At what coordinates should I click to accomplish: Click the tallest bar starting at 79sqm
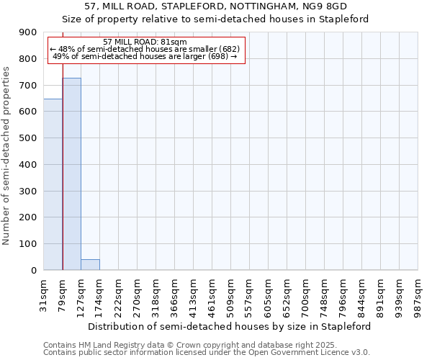(71, 174)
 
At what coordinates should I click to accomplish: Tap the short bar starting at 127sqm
(90, 264)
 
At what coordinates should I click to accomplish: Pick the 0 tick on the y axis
(33, 270)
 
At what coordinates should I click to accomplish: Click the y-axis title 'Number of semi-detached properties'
(6, 156)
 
